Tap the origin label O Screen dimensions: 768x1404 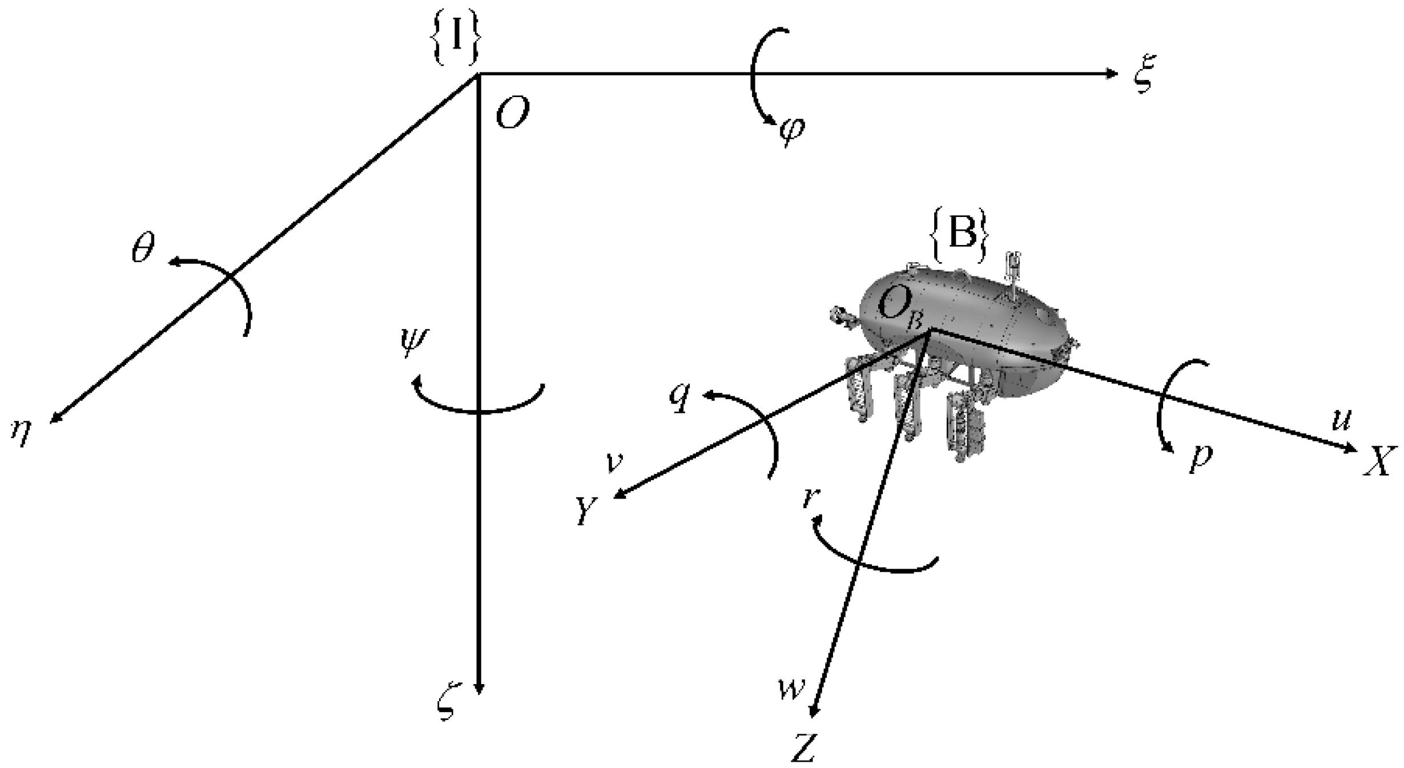[512, 113]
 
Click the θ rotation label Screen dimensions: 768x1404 [143, 249]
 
